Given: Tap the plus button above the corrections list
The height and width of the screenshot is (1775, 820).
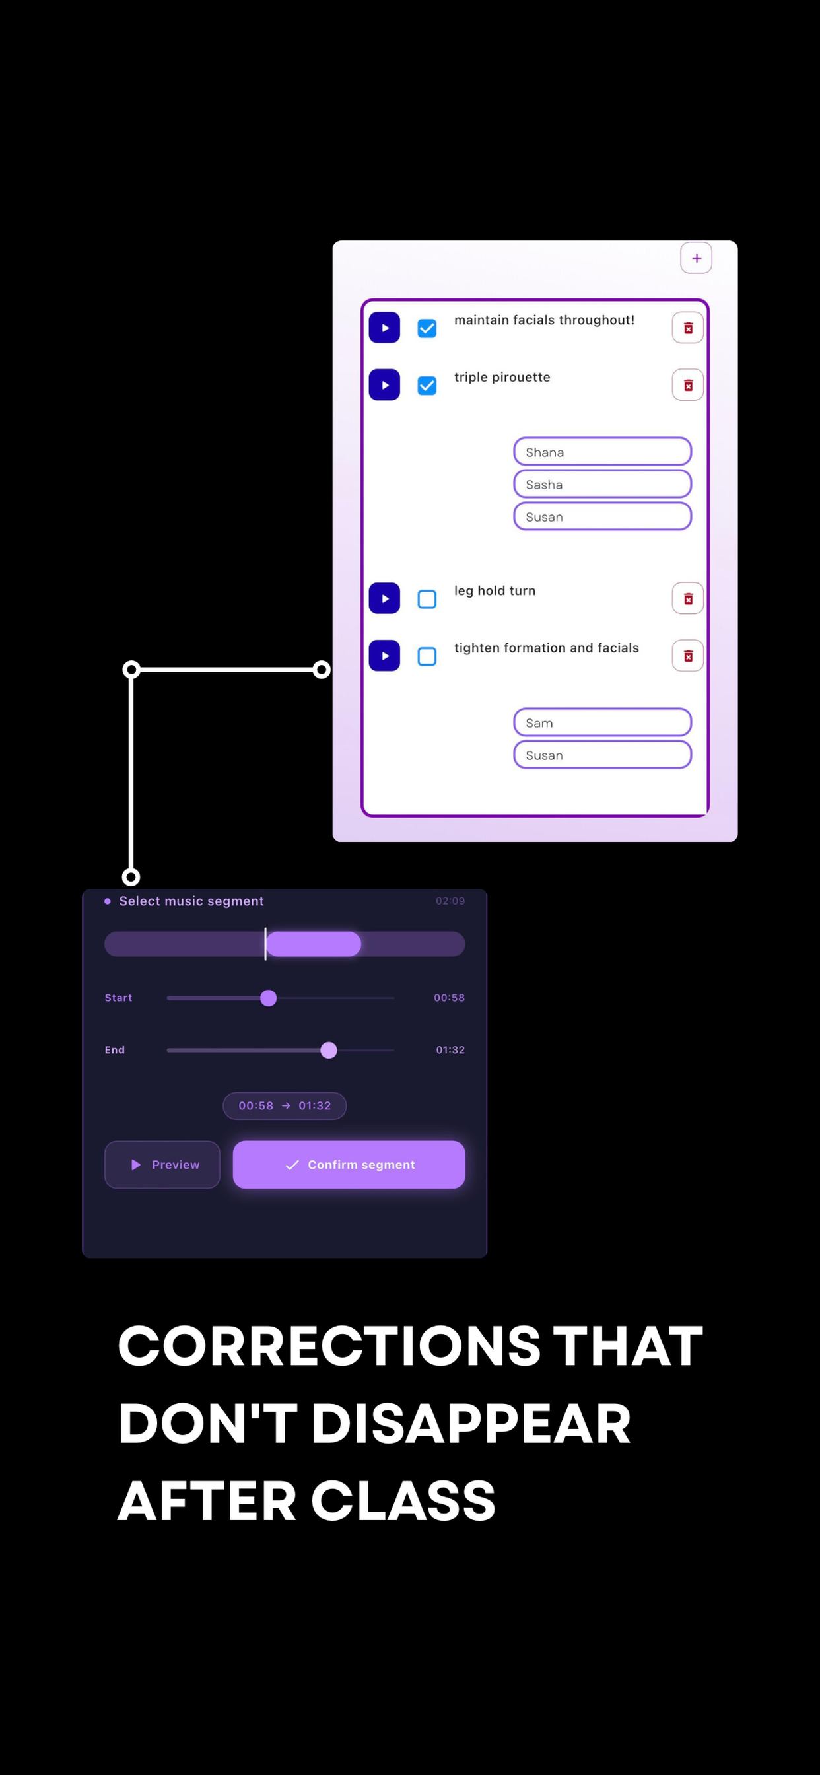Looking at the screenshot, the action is coord(696,258).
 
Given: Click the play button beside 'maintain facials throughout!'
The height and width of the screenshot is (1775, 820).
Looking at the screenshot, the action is coord(384,328).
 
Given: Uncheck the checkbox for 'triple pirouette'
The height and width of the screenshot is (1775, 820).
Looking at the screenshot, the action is coord(427,385).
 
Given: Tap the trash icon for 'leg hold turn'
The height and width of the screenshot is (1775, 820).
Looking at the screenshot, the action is coord(688,599).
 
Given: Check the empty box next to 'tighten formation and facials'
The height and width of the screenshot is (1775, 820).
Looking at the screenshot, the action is coord(427,656).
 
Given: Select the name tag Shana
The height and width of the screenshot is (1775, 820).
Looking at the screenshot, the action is coord(602,452).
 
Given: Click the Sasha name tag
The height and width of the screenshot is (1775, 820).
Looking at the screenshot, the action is coord(602,485).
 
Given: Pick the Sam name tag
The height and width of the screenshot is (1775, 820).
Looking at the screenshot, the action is coord(602,723).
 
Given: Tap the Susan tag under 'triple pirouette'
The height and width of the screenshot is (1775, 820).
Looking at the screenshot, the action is coord(602,517).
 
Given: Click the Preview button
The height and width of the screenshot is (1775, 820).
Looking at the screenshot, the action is coord(162,1164).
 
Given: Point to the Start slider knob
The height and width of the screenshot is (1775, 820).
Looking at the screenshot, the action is coord(269,998).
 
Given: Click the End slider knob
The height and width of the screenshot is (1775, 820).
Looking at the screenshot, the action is coord(329,1050).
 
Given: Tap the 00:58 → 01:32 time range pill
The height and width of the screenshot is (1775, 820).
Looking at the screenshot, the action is coord(285,1106).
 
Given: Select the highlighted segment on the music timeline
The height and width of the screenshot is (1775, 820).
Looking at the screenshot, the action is coord(314,944).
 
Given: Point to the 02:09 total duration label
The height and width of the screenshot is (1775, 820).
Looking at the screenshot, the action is coord(450,901).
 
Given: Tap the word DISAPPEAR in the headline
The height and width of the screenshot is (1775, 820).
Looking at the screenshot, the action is coord(471,1424).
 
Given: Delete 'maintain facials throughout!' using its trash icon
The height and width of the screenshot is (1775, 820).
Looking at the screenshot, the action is coord(688,328).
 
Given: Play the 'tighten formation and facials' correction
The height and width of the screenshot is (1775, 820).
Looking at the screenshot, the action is coord(384,656).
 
